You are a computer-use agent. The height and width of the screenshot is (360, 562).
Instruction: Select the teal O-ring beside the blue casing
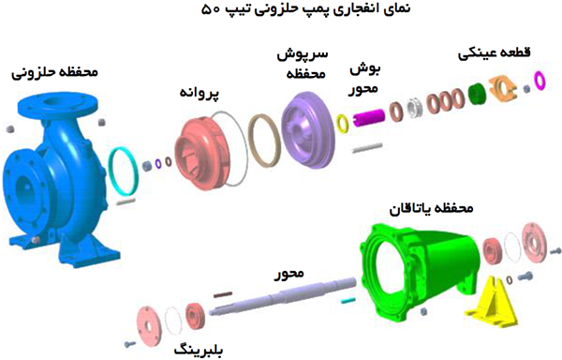tap(121, 170)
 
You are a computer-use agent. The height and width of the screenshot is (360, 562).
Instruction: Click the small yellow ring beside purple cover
tap(342, 121)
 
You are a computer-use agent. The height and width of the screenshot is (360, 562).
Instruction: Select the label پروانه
tap(200, 94)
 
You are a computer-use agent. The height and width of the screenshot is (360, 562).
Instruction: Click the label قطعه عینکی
tap(491, 53)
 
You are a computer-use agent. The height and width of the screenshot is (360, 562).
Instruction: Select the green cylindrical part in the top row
tap(476, 93)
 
